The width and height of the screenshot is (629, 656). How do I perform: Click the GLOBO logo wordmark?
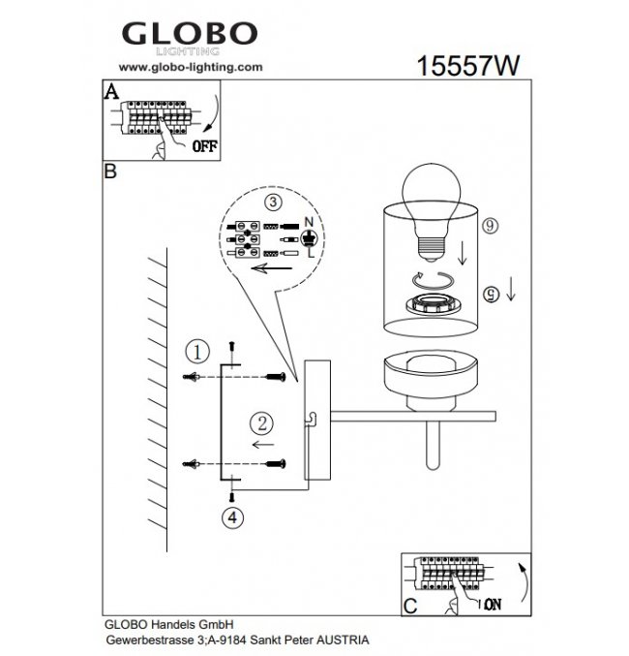point(190,34)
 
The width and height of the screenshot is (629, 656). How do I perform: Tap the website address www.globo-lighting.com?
point(191,67)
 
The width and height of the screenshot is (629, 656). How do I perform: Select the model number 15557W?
point(468,66)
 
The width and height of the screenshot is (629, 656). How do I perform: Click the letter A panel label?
point(110,91)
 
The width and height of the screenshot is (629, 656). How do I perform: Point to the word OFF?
point(205,146)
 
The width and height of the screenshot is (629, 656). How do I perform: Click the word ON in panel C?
point(493,604)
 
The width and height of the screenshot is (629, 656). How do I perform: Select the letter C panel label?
point(410,606)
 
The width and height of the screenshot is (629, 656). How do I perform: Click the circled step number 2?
point(262,423)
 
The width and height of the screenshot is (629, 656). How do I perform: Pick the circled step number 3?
point(273,203)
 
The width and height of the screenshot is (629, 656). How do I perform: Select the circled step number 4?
point(232,517)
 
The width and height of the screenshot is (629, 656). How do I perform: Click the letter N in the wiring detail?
point(309,222)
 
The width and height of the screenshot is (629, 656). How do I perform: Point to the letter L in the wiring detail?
point(310,253)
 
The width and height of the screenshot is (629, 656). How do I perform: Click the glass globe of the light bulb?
point(432,197)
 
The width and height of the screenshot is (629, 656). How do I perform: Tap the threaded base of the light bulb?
point(431,247)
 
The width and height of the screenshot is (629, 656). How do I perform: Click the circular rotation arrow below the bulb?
point(433,279)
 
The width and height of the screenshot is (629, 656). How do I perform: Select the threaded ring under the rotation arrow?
point(433,303)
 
